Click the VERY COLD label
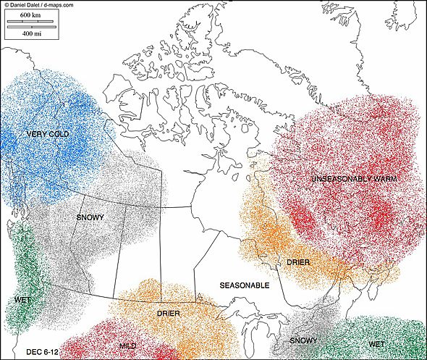click(x=48, y=134)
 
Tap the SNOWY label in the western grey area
click(x=90, y=217)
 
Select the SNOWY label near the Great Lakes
click(x=303, y=340)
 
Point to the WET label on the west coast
click(x=22, y=299)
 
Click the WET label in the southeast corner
click(x=376, y=343)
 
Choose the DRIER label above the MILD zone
click(x=168, y=314)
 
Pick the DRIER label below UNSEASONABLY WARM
click(x=298, y=261)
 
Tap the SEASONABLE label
click(x=245, y=285)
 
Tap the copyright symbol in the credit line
click(x=5, y=4)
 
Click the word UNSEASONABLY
click(x=339, y=178)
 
